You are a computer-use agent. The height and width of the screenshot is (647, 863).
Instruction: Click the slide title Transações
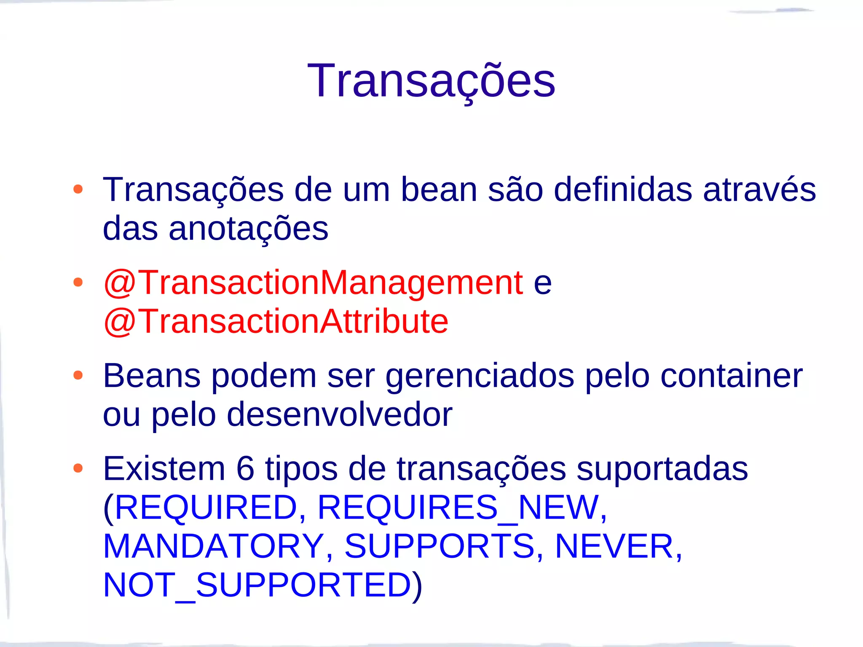(431, 81)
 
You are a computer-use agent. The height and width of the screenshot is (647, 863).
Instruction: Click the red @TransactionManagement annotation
(313, 283)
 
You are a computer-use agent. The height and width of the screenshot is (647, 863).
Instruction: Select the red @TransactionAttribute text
(276, 321)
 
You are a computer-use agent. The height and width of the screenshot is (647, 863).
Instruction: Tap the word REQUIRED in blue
(206, 507)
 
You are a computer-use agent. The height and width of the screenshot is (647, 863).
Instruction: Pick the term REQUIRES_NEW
(458, 507)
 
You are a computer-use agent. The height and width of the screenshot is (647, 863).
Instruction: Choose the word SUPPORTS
(440, 546)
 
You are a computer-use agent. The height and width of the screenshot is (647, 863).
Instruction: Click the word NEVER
(614, 546)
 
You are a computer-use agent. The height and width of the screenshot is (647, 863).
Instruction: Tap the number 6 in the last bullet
(246, 468)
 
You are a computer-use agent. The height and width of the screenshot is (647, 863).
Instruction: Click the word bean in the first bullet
(439, 190)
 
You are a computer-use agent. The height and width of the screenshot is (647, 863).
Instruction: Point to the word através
(759, 190)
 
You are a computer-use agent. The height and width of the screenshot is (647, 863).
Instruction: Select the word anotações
(249, 229)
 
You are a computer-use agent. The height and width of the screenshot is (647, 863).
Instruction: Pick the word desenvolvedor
(340, 415)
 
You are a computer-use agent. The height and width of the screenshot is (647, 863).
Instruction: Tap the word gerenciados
(480, 376)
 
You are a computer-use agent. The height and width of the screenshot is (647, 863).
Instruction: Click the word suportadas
(662, 468)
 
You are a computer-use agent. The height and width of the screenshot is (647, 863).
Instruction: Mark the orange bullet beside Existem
(78, 468)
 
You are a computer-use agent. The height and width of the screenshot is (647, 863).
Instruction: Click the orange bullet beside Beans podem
(78, 375)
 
